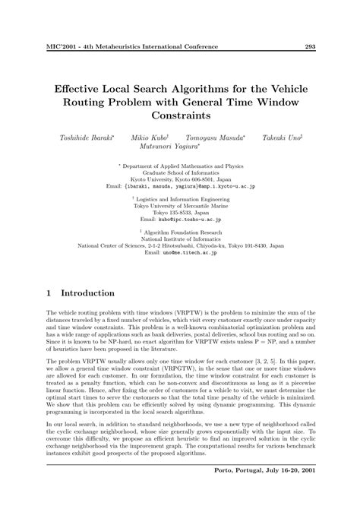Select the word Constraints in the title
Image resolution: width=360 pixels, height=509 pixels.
pyautogui.click(x=180, y=115)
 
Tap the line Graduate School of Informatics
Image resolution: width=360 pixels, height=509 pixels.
pyautogui.click(x=180, y=172)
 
